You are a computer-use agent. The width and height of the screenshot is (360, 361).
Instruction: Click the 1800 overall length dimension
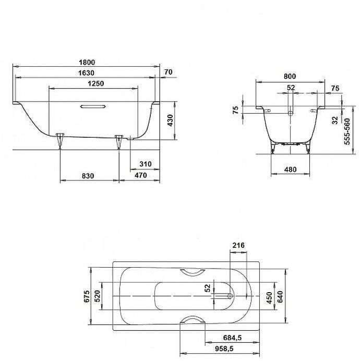(x=88, y=62)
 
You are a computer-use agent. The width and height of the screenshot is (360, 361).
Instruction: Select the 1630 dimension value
(x=88, y=73)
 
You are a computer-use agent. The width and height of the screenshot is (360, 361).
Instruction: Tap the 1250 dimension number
(x=95, y=84)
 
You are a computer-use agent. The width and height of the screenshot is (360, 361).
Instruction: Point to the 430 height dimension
(x=169, y=121)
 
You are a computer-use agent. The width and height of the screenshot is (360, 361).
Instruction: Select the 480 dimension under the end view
(x=291, y=170)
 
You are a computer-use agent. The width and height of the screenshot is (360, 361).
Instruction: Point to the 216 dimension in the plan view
(x=239, y=246)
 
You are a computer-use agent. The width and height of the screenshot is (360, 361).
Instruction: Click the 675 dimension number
(x=87, y=296)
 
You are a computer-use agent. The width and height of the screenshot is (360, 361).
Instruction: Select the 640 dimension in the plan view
(x=280, y=296)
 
